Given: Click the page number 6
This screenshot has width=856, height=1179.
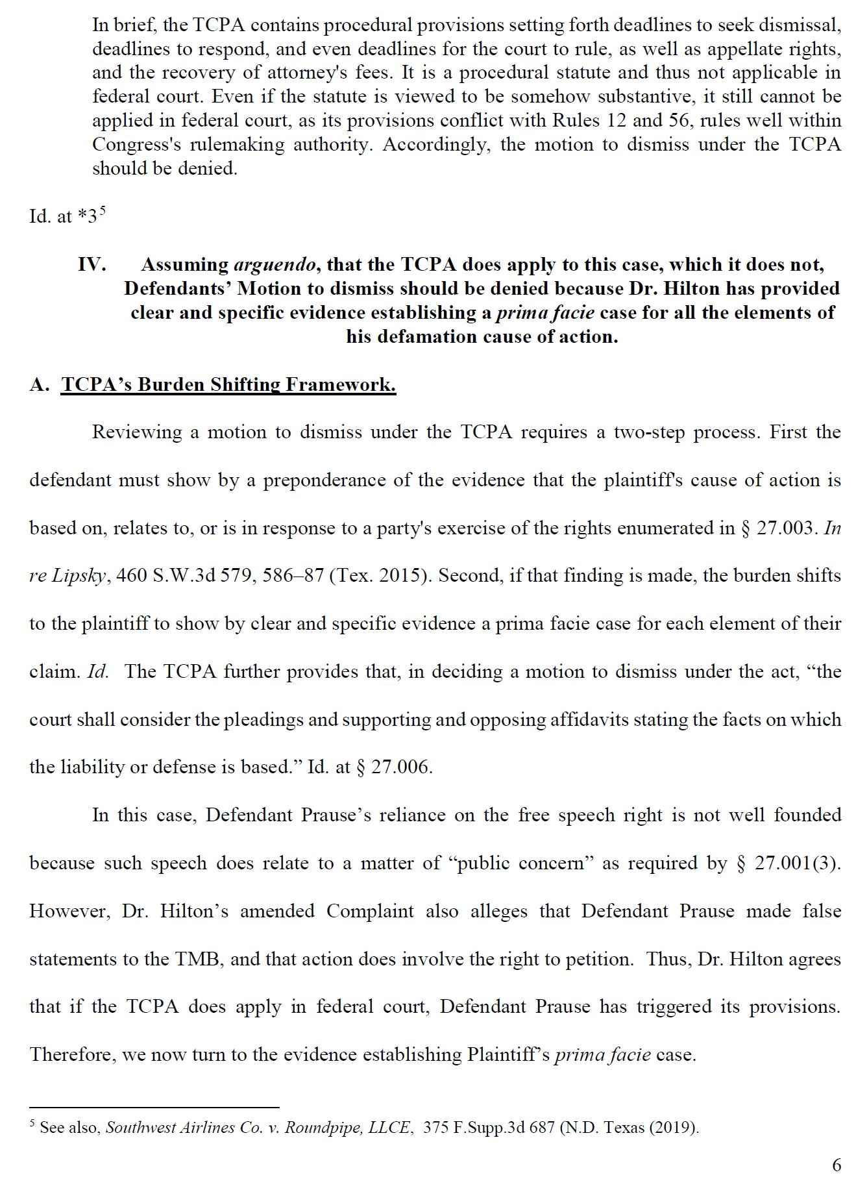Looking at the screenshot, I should tap(837, 1165).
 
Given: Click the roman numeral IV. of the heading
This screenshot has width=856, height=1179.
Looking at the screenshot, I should tap(92, 265).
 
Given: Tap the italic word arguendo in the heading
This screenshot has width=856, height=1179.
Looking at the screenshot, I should tap(275, 265).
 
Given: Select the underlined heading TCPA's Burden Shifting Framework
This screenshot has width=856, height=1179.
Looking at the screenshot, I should tap(228, 384).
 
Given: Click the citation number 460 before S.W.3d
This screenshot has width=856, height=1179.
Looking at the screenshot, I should tap(132, 576).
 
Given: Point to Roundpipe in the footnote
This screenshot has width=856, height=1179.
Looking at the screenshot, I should tap(324, 1127).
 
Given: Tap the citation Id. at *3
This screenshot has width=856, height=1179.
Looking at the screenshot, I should tap(64, 216).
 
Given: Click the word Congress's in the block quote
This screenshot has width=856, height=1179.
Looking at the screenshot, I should tap(136, 144).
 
